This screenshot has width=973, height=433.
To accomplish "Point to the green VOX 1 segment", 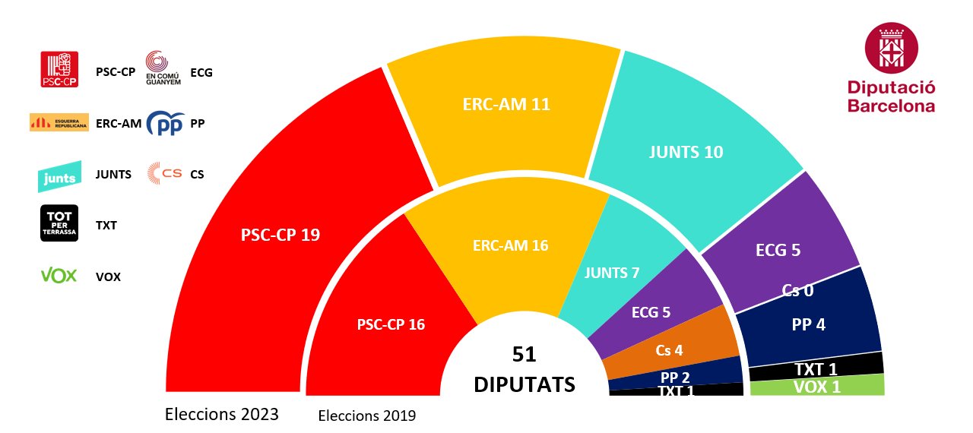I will click(x=817, y=387).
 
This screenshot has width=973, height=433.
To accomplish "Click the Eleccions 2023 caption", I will click(x=222, y=415).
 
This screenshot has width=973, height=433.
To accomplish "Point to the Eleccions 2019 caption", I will click(x=367, y=416).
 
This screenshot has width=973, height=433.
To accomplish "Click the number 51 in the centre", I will click(x=524, y=355).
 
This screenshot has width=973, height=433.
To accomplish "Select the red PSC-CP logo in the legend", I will click(x=59, y=70).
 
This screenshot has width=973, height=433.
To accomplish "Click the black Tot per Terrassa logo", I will click(x=59, y=224).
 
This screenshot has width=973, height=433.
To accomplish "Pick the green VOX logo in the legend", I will click(x=59, y=276).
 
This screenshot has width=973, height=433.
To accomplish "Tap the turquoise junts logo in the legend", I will click(x=59, y=176).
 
